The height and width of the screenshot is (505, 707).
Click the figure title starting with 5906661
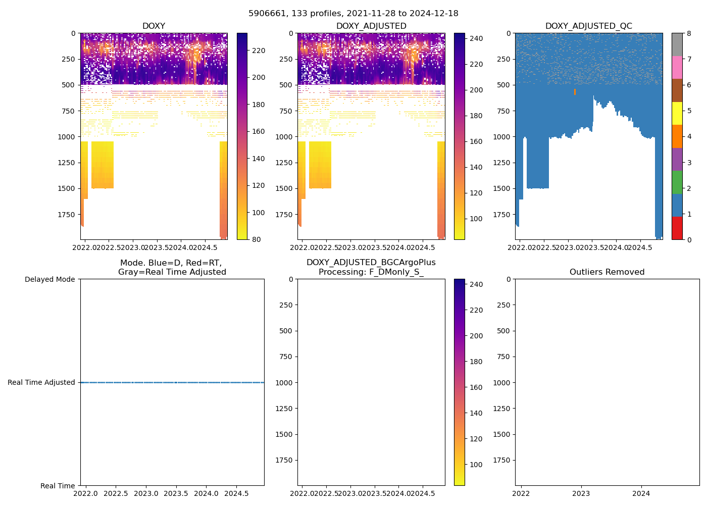353,14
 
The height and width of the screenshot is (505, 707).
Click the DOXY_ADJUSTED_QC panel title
588,26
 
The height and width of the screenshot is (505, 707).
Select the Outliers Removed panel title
607,272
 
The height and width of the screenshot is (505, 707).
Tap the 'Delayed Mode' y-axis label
49,279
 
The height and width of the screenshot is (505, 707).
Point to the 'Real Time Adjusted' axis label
41,383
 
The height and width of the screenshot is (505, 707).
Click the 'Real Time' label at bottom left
58,486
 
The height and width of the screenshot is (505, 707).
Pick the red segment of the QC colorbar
677,228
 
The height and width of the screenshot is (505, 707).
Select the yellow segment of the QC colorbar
677,114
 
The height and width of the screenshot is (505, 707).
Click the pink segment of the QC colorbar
677,68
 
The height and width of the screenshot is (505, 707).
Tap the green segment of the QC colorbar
677,182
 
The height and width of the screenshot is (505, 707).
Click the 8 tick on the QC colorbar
689,34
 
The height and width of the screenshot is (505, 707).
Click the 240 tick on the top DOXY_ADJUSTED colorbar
476,38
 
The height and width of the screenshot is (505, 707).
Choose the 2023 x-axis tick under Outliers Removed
581,493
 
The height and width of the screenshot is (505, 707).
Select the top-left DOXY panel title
154,26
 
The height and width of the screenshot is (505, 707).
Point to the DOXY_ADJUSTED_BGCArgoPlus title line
371,263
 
